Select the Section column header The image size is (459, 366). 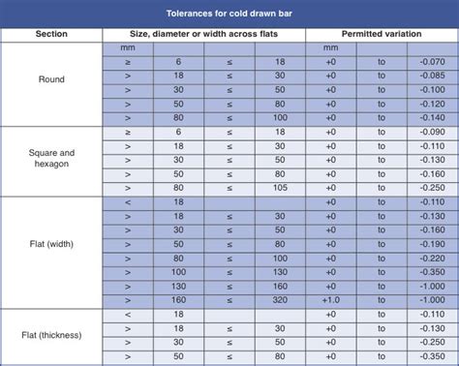click(x=51, y=33)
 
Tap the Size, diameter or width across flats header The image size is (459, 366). click(x=203, y=33)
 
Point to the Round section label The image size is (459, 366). click(x=51, y=79)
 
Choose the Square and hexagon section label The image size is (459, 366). click(x=51, y=159)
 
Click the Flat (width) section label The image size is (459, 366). click(x=51, y=244)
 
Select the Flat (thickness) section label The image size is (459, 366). click(x=51, y=335)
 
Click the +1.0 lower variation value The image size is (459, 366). click(x=331, y=300)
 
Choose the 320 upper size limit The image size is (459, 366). click(x=280, y=300)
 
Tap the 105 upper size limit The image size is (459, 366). click(x=280, y=187)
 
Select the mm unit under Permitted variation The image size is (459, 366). click(x=331, y=46)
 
